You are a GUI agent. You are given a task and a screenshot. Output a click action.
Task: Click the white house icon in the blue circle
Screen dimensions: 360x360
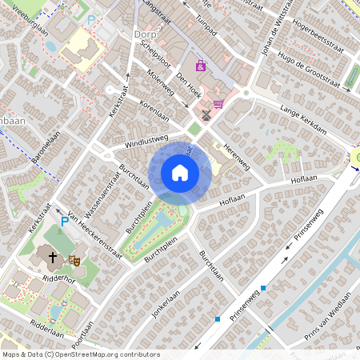(x=180, y=172)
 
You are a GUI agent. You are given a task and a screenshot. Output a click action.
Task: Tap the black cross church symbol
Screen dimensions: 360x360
(x=53, y=258)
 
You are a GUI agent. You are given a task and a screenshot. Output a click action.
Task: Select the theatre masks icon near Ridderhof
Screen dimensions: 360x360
(x=74, y=259)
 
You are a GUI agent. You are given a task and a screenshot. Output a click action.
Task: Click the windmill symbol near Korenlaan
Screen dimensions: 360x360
(x=206, y=114)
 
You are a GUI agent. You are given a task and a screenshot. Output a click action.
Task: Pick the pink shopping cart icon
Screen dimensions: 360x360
(x=218, y=103)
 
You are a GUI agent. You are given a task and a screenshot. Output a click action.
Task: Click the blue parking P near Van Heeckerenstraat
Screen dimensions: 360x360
(x=65, y=221)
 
